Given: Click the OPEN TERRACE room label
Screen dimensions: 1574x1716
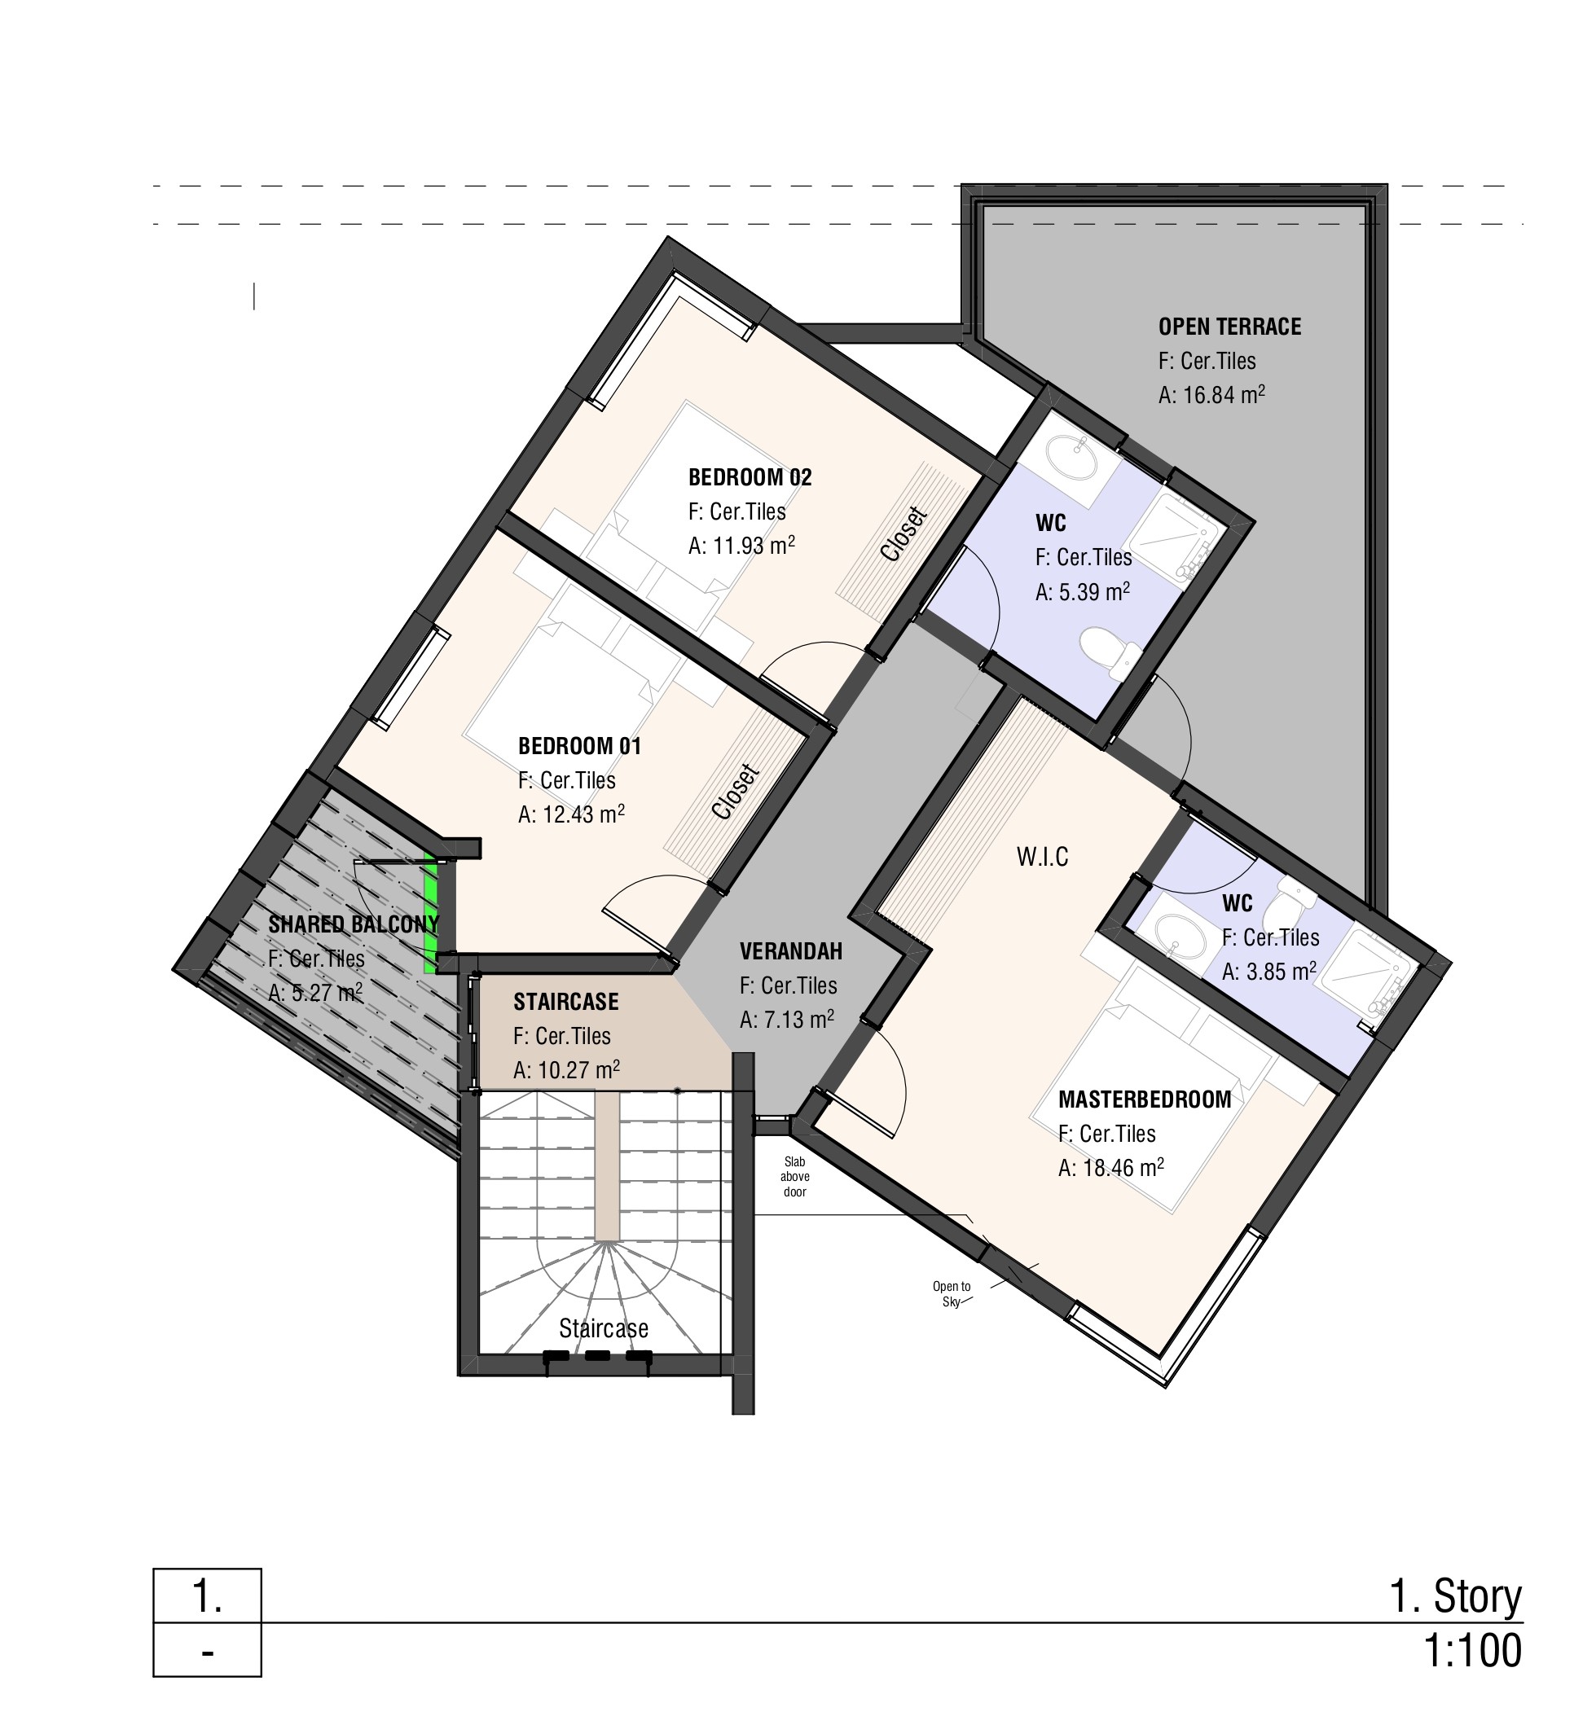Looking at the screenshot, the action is pyautogui.click(x=1229, y=327).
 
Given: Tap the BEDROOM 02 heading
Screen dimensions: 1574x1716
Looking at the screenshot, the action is pyautogui.click(x=750, y=478).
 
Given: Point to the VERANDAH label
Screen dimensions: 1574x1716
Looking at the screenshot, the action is pyautogui.click(x=790, y=951).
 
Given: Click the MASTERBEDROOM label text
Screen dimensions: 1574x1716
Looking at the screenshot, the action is pyautogui.click(x=1145, y=1099).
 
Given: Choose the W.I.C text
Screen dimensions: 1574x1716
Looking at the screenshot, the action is pyautogui.click(x=1043, y=857).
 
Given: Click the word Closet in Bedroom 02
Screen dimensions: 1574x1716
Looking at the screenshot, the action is pyautogui.click(x=903, y=534).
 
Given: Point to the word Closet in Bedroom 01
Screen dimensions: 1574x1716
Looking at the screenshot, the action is pyautogui.click(x=735, y=792).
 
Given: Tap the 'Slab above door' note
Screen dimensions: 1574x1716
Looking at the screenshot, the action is pyautogui.click(x=794, y=1176).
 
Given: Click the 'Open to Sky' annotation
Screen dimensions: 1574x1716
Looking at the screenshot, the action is pyautogui.click(x=952, y=1294).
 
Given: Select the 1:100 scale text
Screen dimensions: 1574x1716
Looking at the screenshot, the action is pyautogui.click(x=1472, y=1652).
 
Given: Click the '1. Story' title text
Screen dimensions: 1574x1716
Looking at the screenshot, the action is pyautogui.click(x=1456, y=1596).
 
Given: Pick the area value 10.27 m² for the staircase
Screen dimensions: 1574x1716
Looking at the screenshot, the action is pyautogui.click(x=566, y=1069).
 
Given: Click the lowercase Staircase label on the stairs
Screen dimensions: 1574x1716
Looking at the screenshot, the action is pyautogui.click(x=603, y=1328).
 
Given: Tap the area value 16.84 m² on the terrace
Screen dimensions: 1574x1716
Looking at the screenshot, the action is pyautogui.click(x=1211, y=394).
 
